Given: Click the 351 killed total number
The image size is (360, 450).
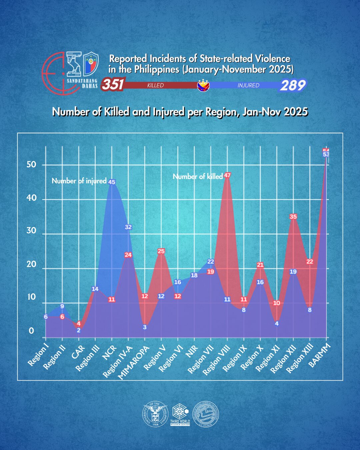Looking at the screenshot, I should tap(113, 84).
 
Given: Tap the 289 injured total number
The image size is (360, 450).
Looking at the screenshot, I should tap(292, 85).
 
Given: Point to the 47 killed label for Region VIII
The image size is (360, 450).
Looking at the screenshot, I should tap(227, 175).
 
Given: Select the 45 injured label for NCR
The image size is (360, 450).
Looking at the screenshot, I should tap(112, 182).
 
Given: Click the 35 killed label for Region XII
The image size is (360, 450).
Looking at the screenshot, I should tap(293, 217).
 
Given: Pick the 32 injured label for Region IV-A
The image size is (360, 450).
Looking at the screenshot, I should tap(128, 227).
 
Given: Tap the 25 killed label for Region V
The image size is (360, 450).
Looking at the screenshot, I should tap(161, 251).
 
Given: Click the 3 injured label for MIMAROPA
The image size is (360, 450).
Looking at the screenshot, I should tap(145, 327).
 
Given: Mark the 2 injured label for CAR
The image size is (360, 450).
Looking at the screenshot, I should tap(79, 331).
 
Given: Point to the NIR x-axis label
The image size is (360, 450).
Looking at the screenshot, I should tap(192, 352).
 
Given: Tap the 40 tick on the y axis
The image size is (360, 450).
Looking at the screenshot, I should tap(31, 198).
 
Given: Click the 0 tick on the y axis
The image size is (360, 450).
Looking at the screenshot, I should tap(31, 331).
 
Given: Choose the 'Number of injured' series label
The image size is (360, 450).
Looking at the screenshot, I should tap(79, 181).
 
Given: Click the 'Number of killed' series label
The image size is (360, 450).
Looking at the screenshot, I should tap(198, 177).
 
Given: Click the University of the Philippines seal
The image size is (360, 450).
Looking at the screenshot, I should tap(155, 414).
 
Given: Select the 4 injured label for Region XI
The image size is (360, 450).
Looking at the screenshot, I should tap(277, 324).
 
